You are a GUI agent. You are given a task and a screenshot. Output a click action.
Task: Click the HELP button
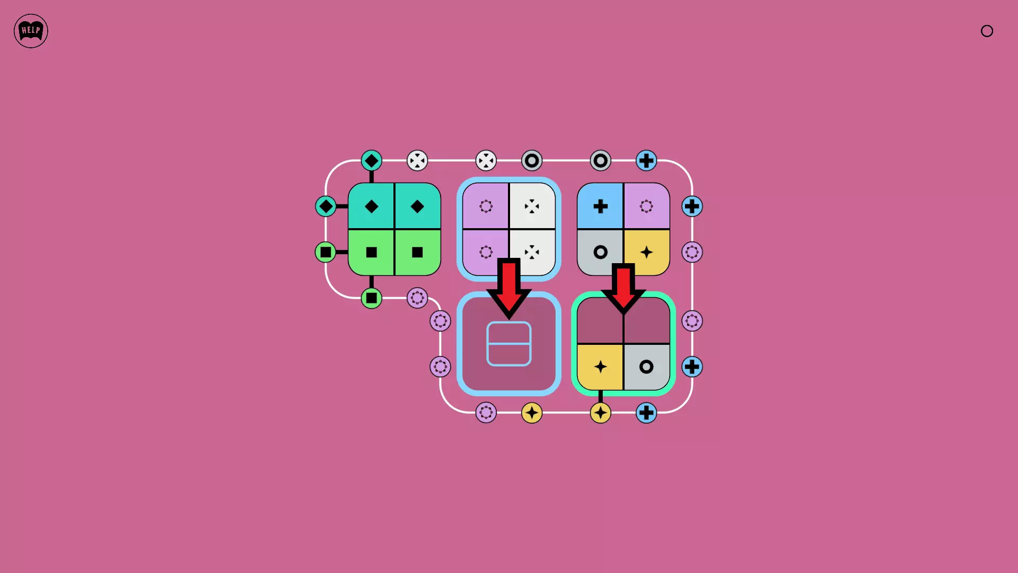tap(31, 31)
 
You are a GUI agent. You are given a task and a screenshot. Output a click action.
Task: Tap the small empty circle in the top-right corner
tap(987, 31)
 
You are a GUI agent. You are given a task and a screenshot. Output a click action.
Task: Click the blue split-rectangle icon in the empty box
tap(509, 343)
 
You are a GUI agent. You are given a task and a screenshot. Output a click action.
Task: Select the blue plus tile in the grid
tap(600, 206)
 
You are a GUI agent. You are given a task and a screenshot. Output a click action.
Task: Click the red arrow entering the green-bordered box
tap(624, 288)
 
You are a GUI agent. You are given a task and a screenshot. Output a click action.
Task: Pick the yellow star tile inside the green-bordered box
tap(600, 367)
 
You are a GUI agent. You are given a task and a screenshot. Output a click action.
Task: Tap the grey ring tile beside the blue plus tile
tap(600, 253)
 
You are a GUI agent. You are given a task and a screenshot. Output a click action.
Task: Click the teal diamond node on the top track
tap(372, 160)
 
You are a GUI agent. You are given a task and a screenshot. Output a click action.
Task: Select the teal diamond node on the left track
tap(326, 206)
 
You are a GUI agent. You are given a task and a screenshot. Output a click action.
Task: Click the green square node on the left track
tap(326, 252)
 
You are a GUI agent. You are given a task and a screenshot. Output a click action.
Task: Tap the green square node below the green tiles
tap(372, 298)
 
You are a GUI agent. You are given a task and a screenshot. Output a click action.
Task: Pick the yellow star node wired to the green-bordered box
tap(600, 413)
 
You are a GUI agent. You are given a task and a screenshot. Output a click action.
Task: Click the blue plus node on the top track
tap(646, 160)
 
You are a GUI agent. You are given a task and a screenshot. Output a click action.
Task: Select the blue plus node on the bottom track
tap(646, 413)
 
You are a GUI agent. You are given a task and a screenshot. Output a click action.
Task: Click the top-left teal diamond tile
tap(371, 206)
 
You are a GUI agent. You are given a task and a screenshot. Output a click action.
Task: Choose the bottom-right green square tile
tap(418, 253)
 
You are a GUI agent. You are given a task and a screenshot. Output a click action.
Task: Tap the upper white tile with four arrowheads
tap(532, 206)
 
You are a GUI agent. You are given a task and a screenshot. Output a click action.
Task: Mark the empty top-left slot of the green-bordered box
tap(600, 320)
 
